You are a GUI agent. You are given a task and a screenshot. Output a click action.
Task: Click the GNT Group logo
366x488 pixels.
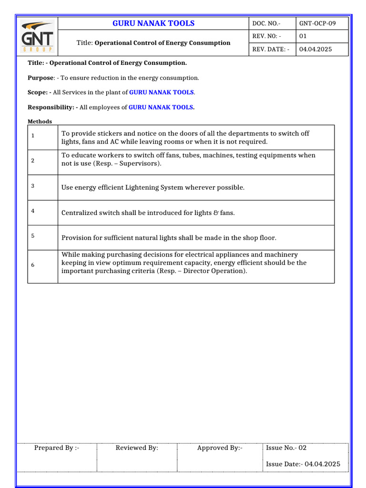[37, 36]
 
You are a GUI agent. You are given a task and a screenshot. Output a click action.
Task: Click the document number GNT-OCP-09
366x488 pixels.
[320, 23]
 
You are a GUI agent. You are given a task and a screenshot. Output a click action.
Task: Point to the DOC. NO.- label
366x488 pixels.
[266, 23]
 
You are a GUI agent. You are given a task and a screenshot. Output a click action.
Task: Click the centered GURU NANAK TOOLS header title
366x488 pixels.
[153, 23]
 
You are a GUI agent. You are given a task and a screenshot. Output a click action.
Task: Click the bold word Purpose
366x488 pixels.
[41, 78]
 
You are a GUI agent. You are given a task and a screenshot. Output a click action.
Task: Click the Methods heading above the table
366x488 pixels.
[40, 122]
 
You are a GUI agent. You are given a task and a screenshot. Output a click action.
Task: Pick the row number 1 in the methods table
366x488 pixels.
[33, 136]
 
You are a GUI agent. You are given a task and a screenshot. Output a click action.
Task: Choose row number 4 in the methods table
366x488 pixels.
[33, 210]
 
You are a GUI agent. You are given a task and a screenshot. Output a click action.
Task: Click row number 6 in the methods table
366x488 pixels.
[33, 265]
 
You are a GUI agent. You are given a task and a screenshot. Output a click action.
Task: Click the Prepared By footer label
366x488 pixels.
[57, 448]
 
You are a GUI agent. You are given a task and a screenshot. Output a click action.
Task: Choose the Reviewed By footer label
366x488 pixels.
[137, 448]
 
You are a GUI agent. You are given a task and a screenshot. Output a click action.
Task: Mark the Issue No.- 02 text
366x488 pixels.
[286, 448]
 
